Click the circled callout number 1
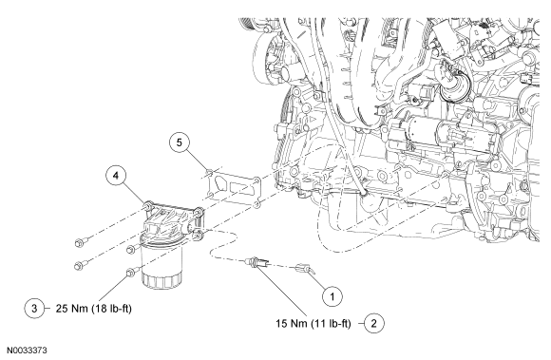[x=332, y=296]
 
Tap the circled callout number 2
[x=373, y=323]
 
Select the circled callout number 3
[x=34, y=308]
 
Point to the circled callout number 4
[x=116, y=176]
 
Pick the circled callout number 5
[x=180, y=142]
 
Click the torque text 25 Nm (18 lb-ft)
[x=93, y=309]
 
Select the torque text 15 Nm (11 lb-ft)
[x=313, y=323]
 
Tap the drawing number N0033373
[x=28, y=351]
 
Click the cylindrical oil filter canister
[x=162, y=264]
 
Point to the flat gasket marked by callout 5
[x=233, y=188]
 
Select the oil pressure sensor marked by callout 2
[x=257, y=262]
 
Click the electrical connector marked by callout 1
[x=304, y=269]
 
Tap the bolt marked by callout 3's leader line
[x=131, y=272]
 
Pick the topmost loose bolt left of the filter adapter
[x=80, y=242]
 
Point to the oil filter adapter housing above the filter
[x=172, y=220]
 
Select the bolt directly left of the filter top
[x=131, y=249]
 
